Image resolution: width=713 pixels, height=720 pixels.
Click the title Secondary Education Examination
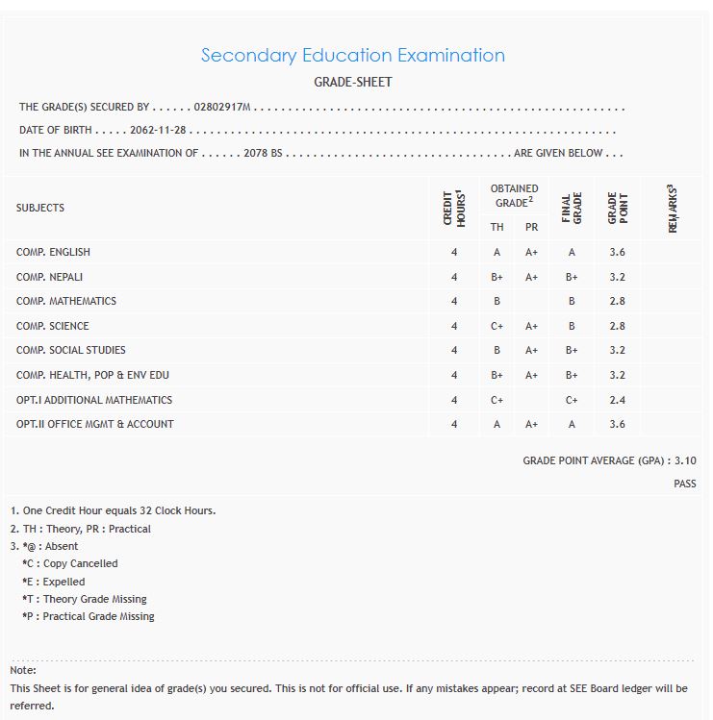coord(352,55)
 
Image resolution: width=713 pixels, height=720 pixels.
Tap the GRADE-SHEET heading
coord(352,82)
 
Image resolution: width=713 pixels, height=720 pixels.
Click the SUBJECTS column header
coord(40,208)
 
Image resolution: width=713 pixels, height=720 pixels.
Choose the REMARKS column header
coord(673,208)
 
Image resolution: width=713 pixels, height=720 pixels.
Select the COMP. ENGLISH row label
coord(53,252)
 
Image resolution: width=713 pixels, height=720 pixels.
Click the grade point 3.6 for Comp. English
coord(617,252)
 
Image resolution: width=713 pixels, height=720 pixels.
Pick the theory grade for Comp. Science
coord(497,326)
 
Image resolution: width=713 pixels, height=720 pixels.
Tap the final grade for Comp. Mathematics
coord(572,301)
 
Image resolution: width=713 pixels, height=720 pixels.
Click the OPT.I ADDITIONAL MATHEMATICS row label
coord(94,400)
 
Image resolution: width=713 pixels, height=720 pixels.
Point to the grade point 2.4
coord(617,400)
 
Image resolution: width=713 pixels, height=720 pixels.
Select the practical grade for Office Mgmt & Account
coord(531,424)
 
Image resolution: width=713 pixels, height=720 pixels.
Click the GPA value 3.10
coord(685,460)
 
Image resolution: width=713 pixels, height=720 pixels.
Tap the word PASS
coord(684,484)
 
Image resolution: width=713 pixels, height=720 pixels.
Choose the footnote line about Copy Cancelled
coord(70,563)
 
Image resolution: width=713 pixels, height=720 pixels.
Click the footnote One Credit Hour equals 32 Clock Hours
coord(113,510)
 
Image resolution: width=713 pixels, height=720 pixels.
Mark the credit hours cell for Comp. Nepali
coord(454,277)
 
